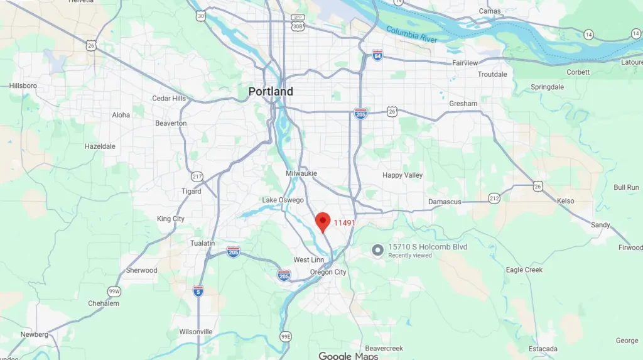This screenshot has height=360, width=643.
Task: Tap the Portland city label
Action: [x=271, y=92]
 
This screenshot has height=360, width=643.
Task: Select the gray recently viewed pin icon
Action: [x=377, y=251]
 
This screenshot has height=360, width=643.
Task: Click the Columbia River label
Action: [x=411, y=35]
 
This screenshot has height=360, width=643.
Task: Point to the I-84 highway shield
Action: [x=377, y=55]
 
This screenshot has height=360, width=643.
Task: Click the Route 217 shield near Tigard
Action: [x=197, y=175]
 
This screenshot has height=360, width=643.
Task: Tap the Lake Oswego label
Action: [x=283, y=200]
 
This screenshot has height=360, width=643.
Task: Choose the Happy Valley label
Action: [x=403, y=175]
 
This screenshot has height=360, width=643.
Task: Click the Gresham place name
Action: [x=463, y=104]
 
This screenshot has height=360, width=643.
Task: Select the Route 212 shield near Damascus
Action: [x=494, y=199]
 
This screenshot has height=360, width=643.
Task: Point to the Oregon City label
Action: [x=328, y=272]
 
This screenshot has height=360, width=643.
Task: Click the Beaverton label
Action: [x=171, y=123]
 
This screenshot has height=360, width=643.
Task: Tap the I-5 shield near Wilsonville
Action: [x=198, y=291]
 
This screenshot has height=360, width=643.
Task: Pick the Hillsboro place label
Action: [x=23, y=85]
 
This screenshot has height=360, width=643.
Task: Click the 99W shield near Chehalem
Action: [x=114, y=291]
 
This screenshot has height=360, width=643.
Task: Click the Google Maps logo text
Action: [x=348, y=356]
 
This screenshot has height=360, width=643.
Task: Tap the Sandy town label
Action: [x=600, y=225]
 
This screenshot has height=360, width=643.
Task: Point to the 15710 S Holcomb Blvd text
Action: [x=428, y=247]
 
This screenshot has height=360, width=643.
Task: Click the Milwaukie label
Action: [x=301, y=173]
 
